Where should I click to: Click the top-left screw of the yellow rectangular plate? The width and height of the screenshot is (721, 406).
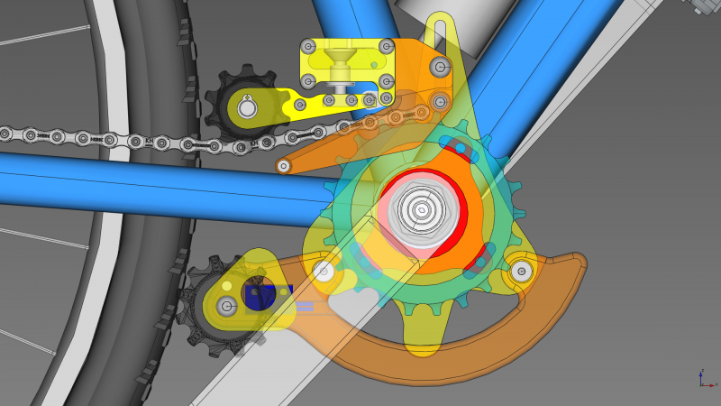pyautogui.click(x=309, y=46)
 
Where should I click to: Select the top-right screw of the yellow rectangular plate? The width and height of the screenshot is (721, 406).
pyautogui.click(x=387, y=46)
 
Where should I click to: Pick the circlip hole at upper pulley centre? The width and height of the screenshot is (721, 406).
pyautogui.click(x=247, y=109)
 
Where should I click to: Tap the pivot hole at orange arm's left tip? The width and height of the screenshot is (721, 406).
pyautogui.click(x=284, y=166)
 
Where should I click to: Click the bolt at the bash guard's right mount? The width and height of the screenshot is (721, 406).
pyautogui.click(x=520, y=270)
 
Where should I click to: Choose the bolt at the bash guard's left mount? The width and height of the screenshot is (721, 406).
pyautogui.click(x=323, y=269)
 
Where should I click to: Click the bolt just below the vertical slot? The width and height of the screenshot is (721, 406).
pyautogui.click(x=440, y=66)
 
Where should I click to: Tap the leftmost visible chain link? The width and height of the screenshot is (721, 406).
pyautogui.click(x=5, y=134)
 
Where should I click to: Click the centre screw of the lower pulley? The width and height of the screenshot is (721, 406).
pyautogui.click(x=227, y=306)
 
